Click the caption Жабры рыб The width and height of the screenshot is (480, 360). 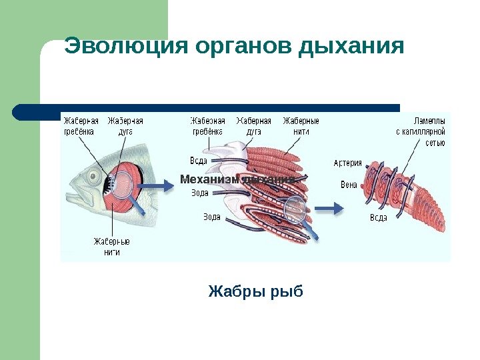[255, 291]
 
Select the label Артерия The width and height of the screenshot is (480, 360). [347, 163]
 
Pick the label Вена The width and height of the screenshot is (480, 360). [349, 185]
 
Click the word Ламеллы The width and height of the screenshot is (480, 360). [429, 121]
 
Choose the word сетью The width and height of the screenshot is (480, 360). [435, 142]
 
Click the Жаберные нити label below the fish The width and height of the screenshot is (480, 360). [111, 247]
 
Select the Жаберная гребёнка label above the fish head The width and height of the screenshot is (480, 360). [81, 126]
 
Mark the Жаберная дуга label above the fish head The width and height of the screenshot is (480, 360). [125, 126]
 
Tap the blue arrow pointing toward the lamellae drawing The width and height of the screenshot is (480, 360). [329, 209]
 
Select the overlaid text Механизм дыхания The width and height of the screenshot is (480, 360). [237, 179]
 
